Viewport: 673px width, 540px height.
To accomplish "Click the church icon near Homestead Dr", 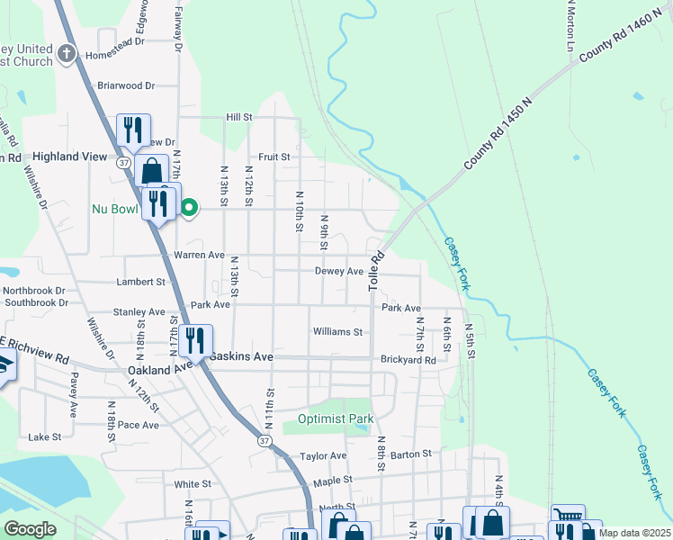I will [x=67, y=54].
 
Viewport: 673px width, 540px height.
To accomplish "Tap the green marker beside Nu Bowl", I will [x=189, y=209].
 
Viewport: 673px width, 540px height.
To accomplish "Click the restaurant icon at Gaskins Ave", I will [x=195, y=339].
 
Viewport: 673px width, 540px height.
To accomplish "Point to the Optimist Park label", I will [x=335, y=419].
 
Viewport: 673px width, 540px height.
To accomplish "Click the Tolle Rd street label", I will [x=376, y=269].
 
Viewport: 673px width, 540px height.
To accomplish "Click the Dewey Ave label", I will [x=338, y=271].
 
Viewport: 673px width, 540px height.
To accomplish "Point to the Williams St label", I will [x=337, y=331].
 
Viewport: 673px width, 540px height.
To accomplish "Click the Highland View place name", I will [x=70, y=156].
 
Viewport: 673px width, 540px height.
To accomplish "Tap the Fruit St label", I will [x=274, y=156].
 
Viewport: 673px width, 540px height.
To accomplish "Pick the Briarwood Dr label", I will [x=126, y=85].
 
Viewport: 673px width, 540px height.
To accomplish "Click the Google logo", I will [x=30, y=529].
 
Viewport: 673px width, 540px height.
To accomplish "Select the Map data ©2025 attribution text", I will [x=634, y=533].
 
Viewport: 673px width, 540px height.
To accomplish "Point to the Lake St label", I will [x=43, y=436].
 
